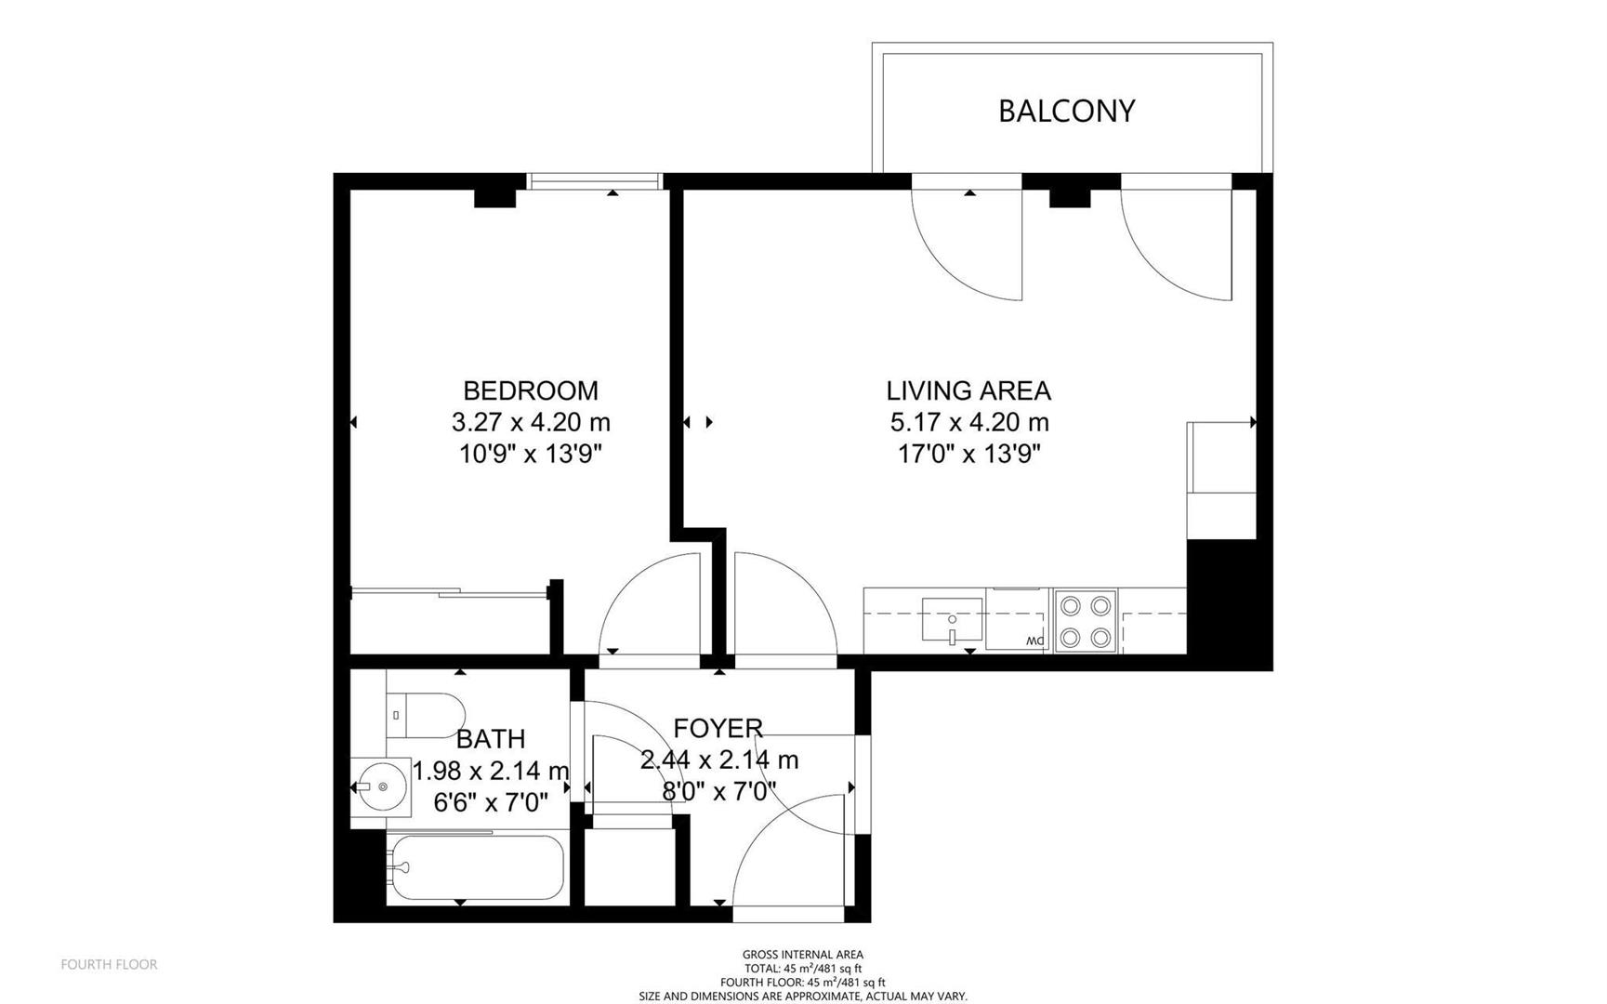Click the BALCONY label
tap(1066, 111)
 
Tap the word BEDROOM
tap(531, 390)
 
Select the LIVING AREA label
tap(968, 390)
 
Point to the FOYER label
tap(718, 728)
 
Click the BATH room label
tap(491, 739)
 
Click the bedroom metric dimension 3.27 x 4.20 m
tap(531, 422)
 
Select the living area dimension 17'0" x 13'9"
tap(968, 454)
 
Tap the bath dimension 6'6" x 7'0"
tap(491, 801)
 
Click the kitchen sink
tap(952, 620)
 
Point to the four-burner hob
tap(1086, 621)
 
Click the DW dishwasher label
tap(1035, 641)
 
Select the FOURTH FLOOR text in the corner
tap(109, 965)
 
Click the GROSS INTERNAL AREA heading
tap(803, 955)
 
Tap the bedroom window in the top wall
tap(594, 181)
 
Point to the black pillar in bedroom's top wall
tap(494, 198)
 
